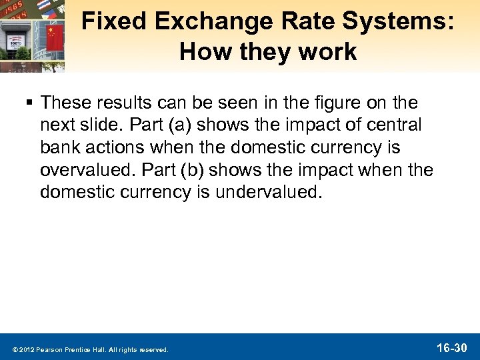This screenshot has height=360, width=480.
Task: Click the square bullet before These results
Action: coord(31,103)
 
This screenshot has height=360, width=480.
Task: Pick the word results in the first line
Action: coord(130,103)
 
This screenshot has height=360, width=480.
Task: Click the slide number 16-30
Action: coord(451,347)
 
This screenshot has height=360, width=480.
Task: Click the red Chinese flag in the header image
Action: coord(55,38)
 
